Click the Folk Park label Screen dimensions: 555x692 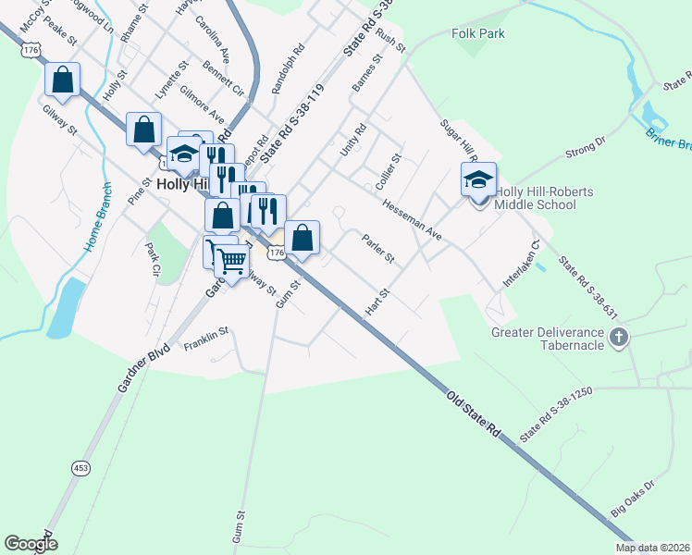(x=476, y=33)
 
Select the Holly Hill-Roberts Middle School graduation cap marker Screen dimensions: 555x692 (x=478, y=179)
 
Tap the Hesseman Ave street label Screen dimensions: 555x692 (x=413, y=222)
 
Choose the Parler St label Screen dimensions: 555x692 (x=378, y=246)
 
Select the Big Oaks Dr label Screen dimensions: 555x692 (x=632, y=498)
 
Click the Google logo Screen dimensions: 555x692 (x=31, y=543)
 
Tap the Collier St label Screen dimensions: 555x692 (x=388, y=172)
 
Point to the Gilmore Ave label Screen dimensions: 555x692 (x=202, y=105)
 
